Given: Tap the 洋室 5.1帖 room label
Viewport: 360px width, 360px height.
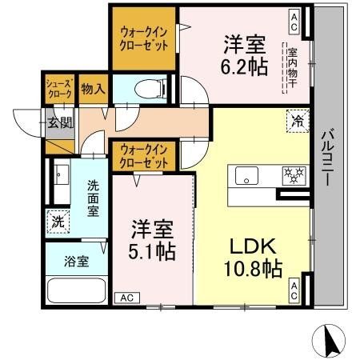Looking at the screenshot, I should click(x=153, y=237).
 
